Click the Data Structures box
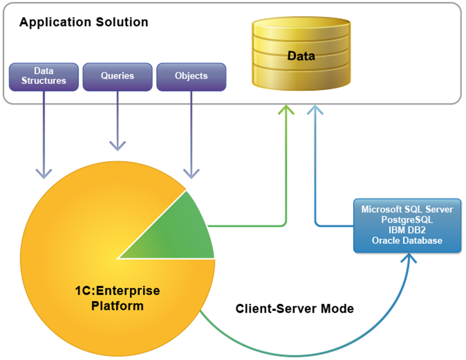[43, 76]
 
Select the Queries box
[117, 76]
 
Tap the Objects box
[191, 76]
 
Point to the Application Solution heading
[84, 22]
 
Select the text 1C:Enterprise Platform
[117, 298]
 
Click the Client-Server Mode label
[295, 309]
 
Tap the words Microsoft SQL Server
[407, 209]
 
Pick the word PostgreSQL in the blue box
[407, 220]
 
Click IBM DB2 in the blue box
[407, 230]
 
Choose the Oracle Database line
[407, 240]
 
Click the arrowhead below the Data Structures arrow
[44, 174]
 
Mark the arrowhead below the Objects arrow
[191, 174]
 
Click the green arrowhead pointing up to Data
[286, 110]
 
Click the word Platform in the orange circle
[117, 305]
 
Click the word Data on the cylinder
[301, 56]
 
